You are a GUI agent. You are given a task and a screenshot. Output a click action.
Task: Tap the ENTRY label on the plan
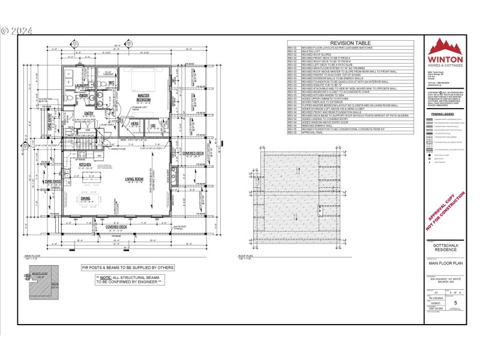89,113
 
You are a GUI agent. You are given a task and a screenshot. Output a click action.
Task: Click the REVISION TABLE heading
350,43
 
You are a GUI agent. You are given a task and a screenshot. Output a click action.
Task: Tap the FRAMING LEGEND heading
444,113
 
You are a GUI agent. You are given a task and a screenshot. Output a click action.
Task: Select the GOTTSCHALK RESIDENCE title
444,248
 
